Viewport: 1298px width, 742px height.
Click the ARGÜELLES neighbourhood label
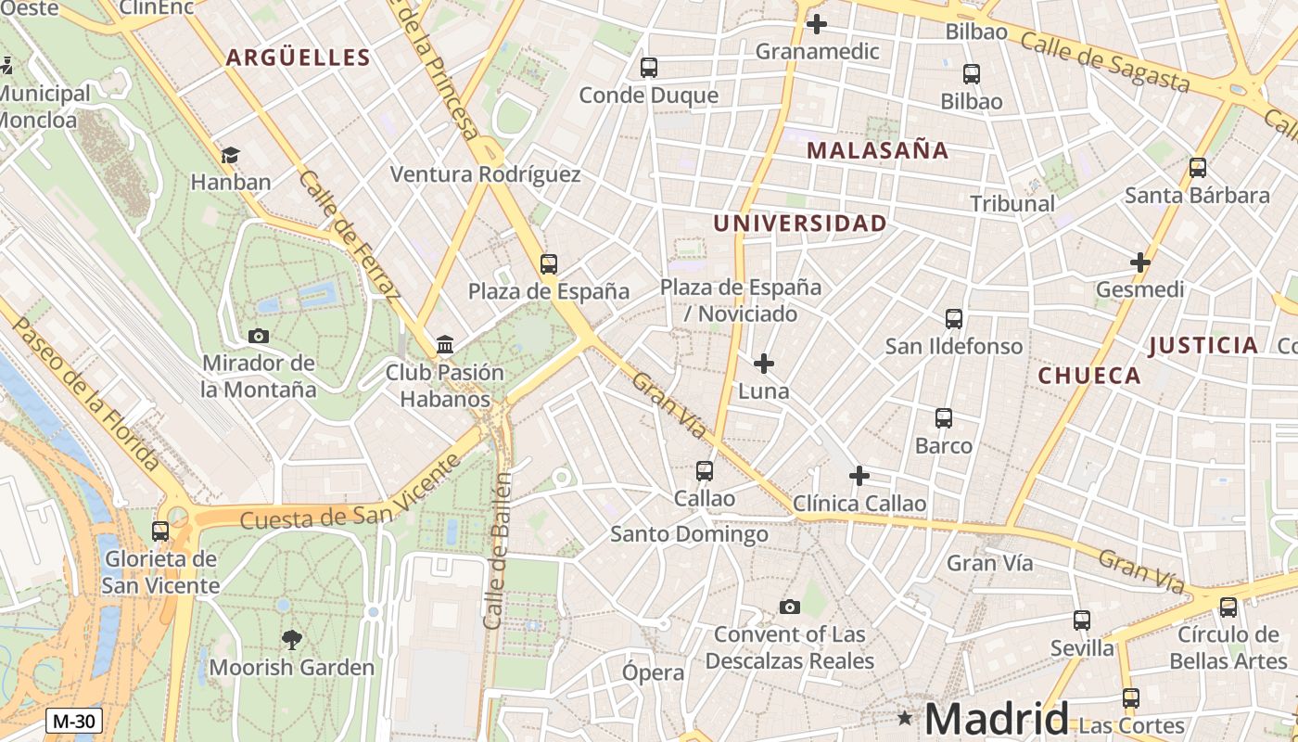tap(298, 58)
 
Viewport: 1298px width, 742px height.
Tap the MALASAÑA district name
tap(877, 150)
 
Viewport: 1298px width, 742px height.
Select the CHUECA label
tap(1088, 376)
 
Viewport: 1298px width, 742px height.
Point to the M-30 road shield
tap(74, 721)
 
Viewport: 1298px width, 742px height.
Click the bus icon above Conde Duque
tap(649, 68)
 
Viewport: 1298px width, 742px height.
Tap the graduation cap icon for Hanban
tap(230, 155)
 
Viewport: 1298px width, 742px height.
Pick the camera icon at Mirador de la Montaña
tap(259, 336)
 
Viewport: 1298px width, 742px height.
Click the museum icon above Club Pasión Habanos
tap(445, 345)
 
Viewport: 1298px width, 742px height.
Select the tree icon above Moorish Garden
tap(291, 639)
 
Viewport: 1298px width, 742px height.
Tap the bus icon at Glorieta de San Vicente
tap(160, 531)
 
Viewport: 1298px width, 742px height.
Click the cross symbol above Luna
tap(763, 364)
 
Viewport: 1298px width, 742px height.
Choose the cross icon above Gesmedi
tap(1140, 262)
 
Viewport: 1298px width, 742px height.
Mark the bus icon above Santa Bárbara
tap(1198, 168)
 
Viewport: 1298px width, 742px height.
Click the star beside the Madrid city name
tap(905, 718)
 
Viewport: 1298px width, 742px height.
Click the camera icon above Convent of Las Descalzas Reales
tap(790, 608)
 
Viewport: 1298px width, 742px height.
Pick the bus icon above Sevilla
tap(1082, 620)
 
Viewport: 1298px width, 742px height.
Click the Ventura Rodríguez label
tap(485, 174)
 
